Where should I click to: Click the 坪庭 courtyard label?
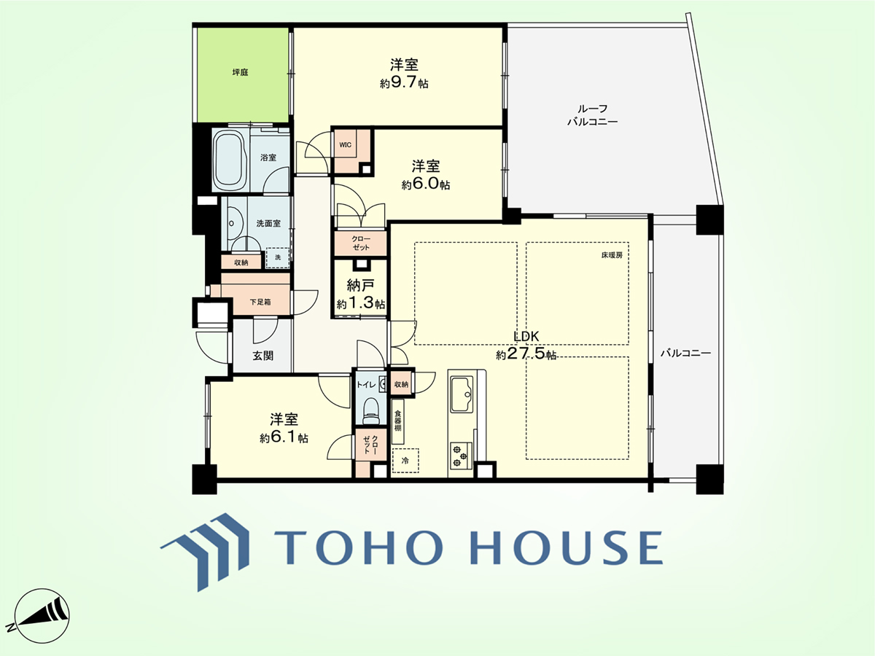241,72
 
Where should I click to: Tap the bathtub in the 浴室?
229,161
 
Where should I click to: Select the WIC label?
345,144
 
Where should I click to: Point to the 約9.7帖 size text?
404,83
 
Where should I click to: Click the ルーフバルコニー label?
592,115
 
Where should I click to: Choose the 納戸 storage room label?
360,285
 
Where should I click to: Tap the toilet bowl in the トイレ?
370,410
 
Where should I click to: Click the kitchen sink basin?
462,394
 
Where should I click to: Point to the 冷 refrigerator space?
405,461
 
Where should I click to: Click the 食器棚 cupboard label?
398,421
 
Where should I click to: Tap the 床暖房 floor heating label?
612,255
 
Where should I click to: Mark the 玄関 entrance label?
263,356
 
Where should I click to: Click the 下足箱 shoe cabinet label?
260,302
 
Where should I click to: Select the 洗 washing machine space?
278,258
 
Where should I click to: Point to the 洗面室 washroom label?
268,224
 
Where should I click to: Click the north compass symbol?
42,616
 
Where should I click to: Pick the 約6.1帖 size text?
284,438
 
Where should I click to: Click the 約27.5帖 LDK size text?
526,354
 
